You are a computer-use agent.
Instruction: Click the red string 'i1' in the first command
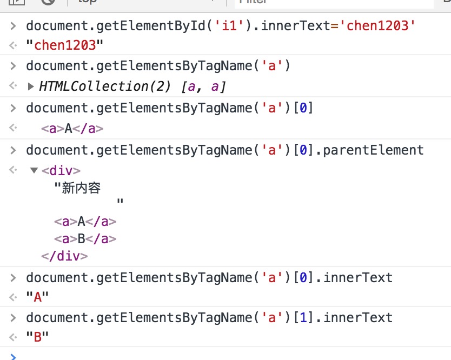point(229,26)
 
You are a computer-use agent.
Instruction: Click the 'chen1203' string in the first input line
point(377,26)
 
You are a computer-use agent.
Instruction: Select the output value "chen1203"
point(65,45)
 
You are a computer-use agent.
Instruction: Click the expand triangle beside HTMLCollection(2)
point(31,86)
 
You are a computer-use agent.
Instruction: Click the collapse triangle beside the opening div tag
point(34,170)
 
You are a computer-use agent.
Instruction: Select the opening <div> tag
point(61,171)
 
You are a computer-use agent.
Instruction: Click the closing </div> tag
point(64,256)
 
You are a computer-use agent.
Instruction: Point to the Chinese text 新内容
point(82,188)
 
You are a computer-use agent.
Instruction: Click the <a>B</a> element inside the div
point(85,239)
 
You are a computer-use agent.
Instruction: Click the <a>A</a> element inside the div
point(85,222)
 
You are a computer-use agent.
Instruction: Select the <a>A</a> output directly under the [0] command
point(72,129)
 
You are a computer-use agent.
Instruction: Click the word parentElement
point(373,150)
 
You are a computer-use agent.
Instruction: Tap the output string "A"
point(37,297)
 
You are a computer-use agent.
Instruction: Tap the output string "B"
point(37,337)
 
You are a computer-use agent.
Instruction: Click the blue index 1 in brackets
point(303,318)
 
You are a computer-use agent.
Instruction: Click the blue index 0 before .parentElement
point(303,150)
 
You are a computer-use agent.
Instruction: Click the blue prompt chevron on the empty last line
point(13,357)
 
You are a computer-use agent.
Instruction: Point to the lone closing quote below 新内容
point(120,201)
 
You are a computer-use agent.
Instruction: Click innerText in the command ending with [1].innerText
point(358,318)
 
